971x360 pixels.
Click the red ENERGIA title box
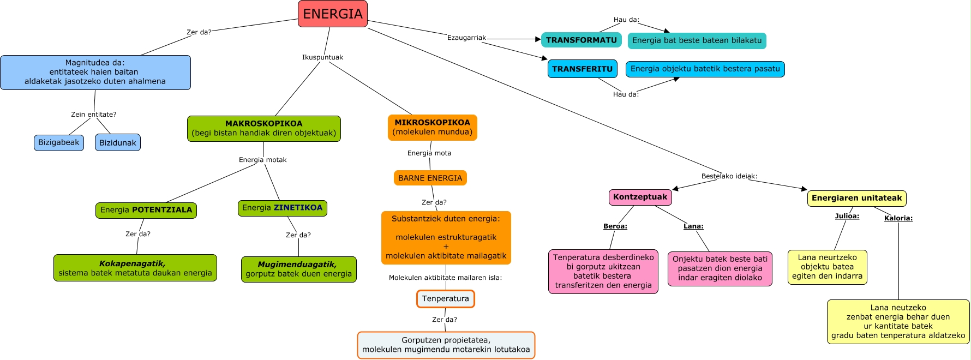click(x=333, y=14)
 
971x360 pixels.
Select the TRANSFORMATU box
click(x=581, y=40)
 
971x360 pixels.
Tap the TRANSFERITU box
click(x=582, y=69)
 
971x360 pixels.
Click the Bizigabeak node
click(x=59, y=142)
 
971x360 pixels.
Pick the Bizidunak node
click(x=118, y=142)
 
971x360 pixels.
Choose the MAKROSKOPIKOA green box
click(x=263, y=128)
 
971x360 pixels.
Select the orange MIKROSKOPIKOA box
click(x=432, y=127)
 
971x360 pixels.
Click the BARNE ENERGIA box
click(x=430, y=178)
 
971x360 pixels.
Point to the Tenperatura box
click(x=445, y=298)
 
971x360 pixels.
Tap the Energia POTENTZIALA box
click(x=146, y=210)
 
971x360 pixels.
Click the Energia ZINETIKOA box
click(x=282, y=208)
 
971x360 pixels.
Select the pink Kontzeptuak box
click(x=640, y=197)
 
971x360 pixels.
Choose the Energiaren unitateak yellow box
click(x=856, y=198)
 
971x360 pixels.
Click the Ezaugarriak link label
click(x=466, y=38)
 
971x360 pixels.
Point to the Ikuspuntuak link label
click(x=322, y=57)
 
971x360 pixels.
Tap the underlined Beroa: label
click(x=615, y=226)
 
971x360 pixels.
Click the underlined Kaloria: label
click(x=898, y=218)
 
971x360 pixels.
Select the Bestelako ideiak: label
click(x=729, y=176)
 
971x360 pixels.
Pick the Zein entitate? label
click(x=93, y=115)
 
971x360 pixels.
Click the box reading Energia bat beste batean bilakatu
click(x=697, y=40)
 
